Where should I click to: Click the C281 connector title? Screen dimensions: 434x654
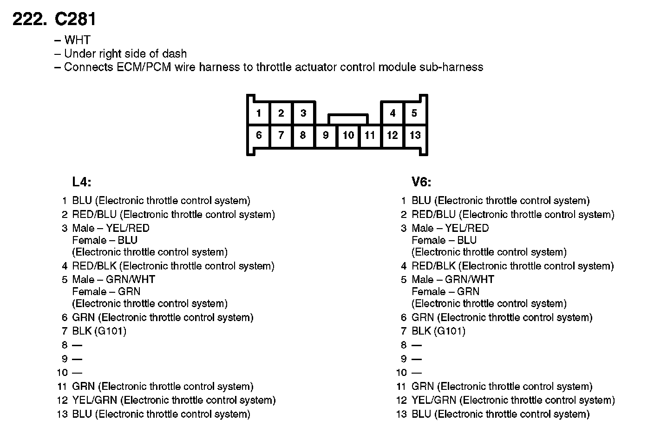click(75, 19)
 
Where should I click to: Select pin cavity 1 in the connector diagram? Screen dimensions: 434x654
click(259, 113)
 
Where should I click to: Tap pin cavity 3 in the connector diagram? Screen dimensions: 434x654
click(303, 113)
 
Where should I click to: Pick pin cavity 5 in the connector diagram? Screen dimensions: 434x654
click(414, 113)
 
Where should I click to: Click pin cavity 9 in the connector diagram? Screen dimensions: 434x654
click(326, 135)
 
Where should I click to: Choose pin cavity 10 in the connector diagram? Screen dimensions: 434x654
click(348, 135)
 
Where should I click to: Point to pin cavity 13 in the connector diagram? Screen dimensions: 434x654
click(415, 135)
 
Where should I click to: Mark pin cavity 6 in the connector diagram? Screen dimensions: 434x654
click(259, 135)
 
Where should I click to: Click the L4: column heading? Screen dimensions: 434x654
click(82, 182)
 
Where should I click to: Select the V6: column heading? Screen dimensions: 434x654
click(421, 182)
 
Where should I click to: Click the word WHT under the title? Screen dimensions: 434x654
click(77, 40)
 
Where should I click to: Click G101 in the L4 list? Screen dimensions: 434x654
click(111, 331)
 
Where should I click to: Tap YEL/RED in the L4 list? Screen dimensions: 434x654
click(128, 228)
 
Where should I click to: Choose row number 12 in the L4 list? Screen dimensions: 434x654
click(63, 400)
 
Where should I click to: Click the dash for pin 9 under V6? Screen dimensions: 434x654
click(417, 359)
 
